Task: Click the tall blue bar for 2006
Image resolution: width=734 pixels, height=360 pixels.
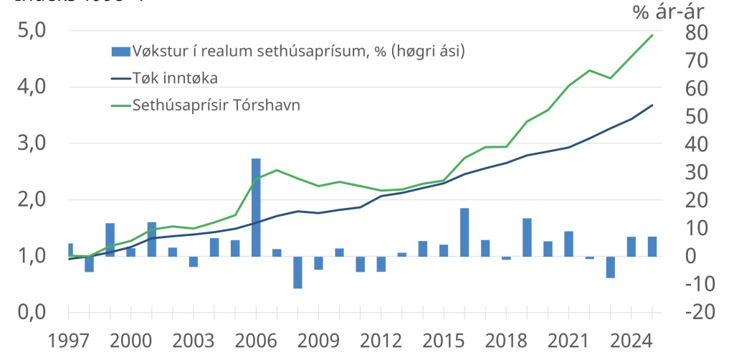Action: pos(256,207)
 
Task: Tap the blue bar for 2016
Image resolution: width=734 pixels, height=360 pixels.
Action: pos(464,232)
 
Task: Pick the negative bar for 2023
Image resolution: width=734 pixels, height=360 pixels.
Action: pos(611,267)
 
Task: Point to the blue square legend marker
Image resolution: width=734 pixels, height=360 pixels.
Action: pos(121,51)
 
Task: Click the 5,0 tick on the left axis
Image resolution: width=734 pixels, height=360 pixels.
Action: pos(31,31)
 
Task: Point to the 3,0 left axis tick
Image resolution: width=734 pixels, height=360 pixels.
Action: pos(31,143)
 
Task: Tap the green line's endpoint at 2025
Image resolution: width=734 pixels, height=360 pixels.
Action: pos(652,34)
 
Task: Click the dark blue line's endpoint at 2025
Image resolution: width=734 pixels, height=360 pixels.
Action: pos(652,105)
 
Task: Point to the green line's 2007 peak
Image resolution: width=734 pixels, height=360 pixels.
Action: pos(277,169)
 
